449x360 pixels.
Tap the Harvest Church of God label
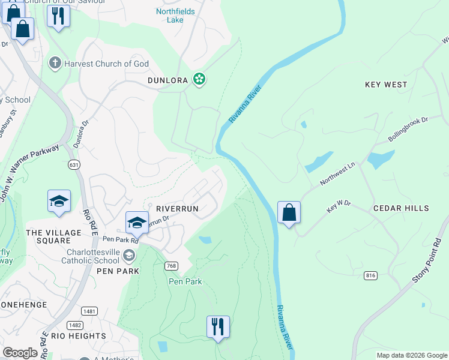[98, 64]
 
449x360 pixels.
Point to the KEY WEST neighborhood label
[386, 85]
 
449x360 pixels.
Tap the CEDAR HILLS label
[401, 208]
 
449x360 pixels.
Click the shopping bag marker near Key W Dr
[289, 212]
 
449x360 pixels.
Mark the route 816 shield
[370, 275]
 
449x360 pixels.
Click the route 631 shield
[74, 164]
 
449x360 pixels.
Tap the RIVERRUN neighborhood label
[177, 208]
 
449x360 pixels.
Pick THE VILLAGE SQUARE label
[53, 236]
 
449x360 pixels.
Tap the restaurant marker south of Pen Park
[217, 327]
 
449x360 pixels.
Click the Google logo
[20, 353]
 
